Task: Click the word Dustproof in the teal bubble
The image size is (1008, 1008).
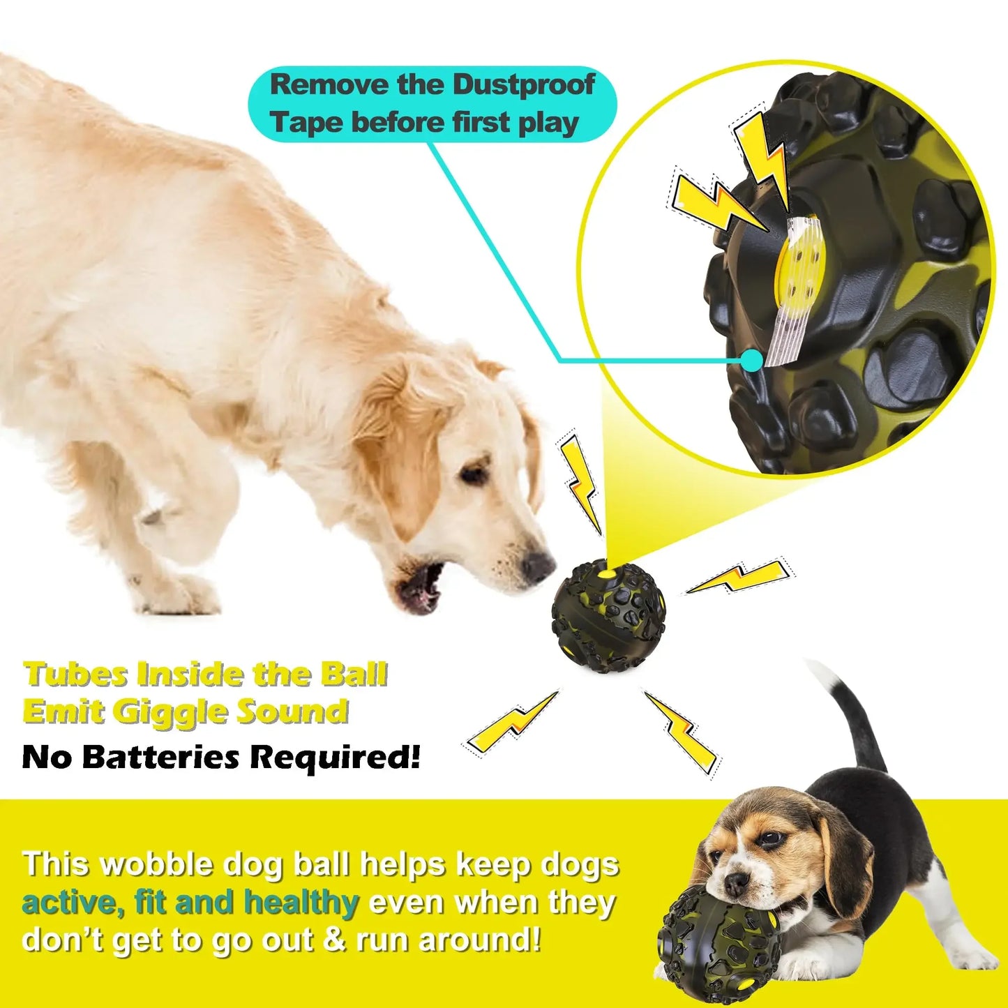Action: click(x=523, y=85)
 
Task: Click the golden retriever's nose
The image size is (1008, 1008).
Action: click(x=539, y=566)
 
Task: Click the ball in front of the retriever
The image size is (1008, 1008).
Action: click(x=608, y=615)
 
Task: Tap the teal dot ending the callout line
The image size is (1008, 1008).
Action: click(x=751, y=361)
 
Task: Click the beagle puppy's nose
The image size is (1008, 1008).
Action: click(x=735, y=884)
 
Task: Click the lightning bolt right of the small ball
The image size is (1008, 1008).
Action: click(x=738, y=576)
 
